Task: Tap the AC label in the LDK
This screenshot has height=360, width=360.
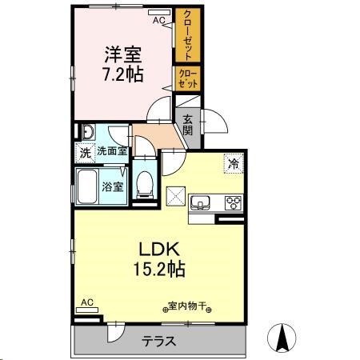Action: [x=87, y=302]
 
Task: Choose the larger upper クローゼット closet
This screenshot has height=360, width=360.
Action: [x=188, y=36]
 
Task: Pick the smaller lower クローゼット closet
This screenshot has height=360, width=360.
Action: [x=188, y=78]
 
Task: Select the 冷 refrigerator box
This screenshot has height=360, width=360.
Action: [x=234, y=163]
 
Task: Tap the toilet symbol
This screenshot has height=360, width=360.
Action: [x=145, y=183]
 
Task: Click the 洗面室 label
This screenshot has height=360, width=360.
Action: [x=112, y=151]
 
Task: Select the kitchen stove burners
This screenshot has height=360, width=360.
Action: [x=234, y=202]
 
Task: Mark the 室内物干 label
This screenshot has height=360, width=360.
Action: [x=186, y=306]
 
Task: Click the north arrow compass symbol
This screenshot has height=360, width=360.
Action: [x=282, y=337]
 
